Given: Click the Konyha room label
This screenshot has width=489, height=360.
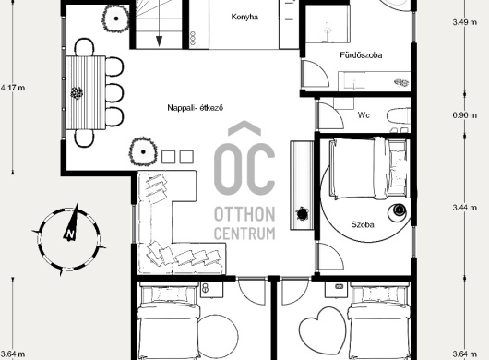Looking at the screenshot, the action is [x=244, y=17].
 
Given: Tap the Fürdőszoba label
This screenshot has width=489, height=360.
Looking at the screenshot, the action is [x=361, y=55].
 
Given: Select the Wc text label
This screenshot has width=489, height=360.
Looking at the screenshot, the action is [x=364, y=115].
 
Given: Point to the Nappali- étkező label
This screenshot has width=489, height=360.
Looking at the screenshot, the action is [x=196, y=108].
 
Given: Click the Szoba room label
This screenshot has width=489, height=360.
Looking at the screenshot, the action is [x=363, y=224].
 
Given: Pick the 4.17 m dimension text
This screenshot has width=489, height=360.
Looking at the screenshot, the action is [x=13, y=88].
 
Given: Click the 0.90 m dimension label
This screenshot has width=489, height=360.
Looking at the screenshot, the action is [x=465, y=115].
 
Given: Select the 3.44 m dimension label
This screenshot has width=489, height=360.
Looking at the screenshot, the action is [x=465, y=207].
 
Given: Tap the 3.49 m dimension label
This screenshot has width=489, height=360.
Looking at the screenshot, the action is [x=465, y=22].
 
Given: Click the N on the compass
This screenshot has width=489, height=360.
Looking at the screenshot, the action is [x=70, y=234].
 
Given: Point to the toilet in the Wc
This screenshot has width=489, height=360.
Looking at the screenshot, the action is [x=399, y=117].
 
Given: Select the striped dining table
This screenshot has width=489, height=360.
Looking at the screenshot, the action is [x=86, y=92].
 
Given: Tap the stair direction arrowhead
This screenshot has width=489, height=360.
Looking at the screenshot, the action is [x=159, y=42].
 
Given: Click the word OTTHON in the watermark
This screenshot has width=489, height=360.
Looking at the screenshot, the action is [x=244, y=214].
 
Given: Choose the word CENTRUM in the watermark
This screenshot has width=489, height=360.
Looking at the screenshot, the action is [x=244, y=234].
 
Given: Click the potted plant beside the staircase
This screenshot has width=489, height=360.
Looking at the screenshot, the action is [x=115, y=18].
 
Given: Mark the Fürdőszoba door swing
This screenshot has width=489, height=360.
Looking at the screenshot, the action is [x=316, y=74].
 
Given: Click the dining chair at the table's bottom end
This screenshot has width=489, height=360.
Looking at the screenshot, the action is [x=84, y=138].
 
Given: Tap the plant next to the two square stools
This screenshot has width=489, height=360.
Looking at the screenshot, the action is [x=143, y=152].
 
